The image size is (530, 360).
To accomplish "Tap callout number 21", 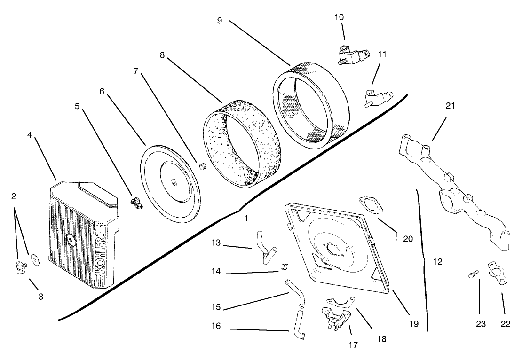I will (450, 106).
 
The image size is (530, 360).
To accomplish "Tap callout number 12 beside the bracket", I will (437, 262).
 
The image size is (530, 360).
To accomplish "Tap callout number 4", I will (30, 134).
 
